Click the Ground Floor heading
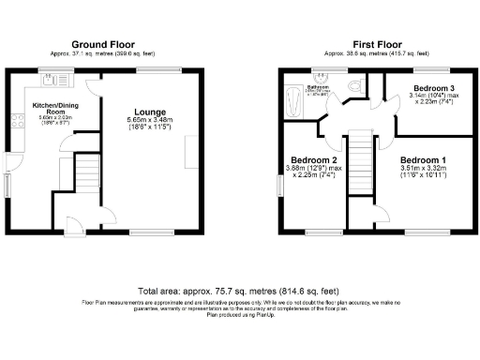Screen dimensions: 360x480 click(103, 44)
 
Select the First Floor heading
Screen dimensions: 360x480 click(377, 44)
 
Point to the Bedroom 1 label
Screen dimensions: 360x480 click(423, 160)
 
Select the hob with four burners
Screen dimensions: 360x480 click(16, 119)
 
